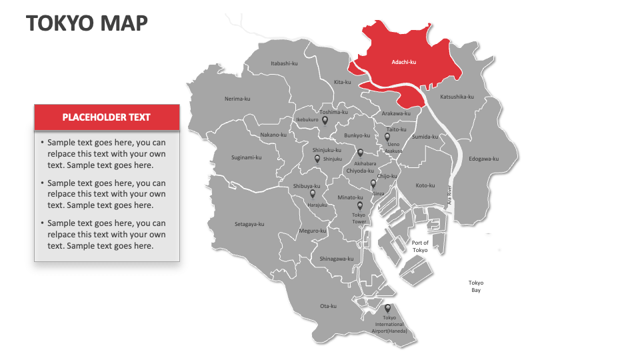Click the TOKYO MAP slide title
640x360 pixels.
[87, 23]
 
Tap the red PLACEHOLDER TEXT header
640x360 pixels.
[107, 117]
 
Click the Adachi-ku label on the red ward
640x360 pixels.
[403, 62]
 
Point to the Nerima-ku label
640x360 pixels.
[237, 99]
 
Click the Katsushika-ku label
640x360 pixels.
[457, 97]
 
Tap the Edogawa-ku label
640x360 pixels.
[483, 159]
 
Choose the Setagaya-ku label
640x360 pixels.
[249, 224]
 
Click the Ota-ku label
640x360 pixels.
[328, 306]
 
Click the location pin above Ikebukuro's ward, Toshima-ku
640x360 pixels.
[325, 121]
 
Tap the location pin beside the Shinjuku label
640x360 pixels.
[317, 159]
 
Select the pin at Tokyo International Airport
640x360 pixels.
[387, 308]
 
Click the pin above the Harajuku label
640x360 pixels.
[312, 194]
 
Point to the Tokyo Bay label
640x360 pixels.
[475, 286]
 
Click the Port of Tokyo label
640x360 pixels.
[420, 246]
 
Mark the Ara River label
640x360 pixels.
[451, 194]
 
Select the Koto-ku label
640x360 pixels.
[425, 185]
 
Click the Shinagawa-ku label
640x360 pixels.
[337, 259]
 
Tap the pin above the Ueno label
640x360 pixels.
[387, 137]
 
